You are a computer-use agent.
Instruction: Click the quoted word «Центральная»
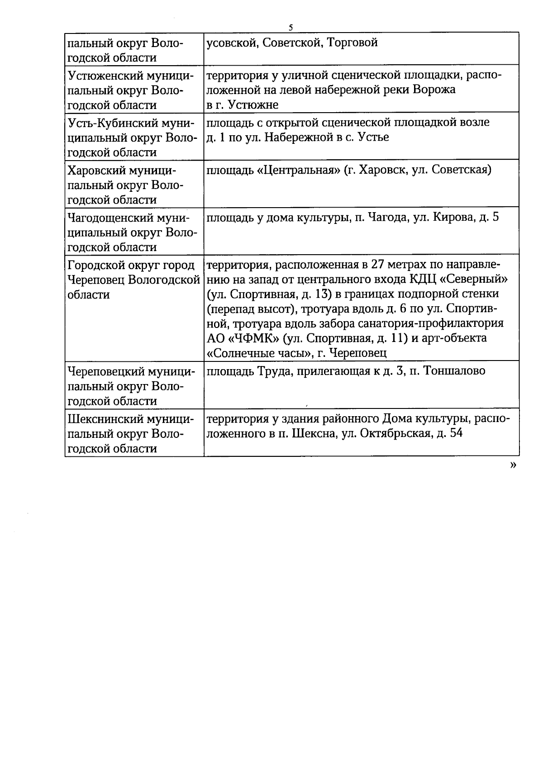tap(295, 170)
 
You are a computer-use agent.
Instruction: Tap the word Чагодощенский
tap(110, 218)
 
